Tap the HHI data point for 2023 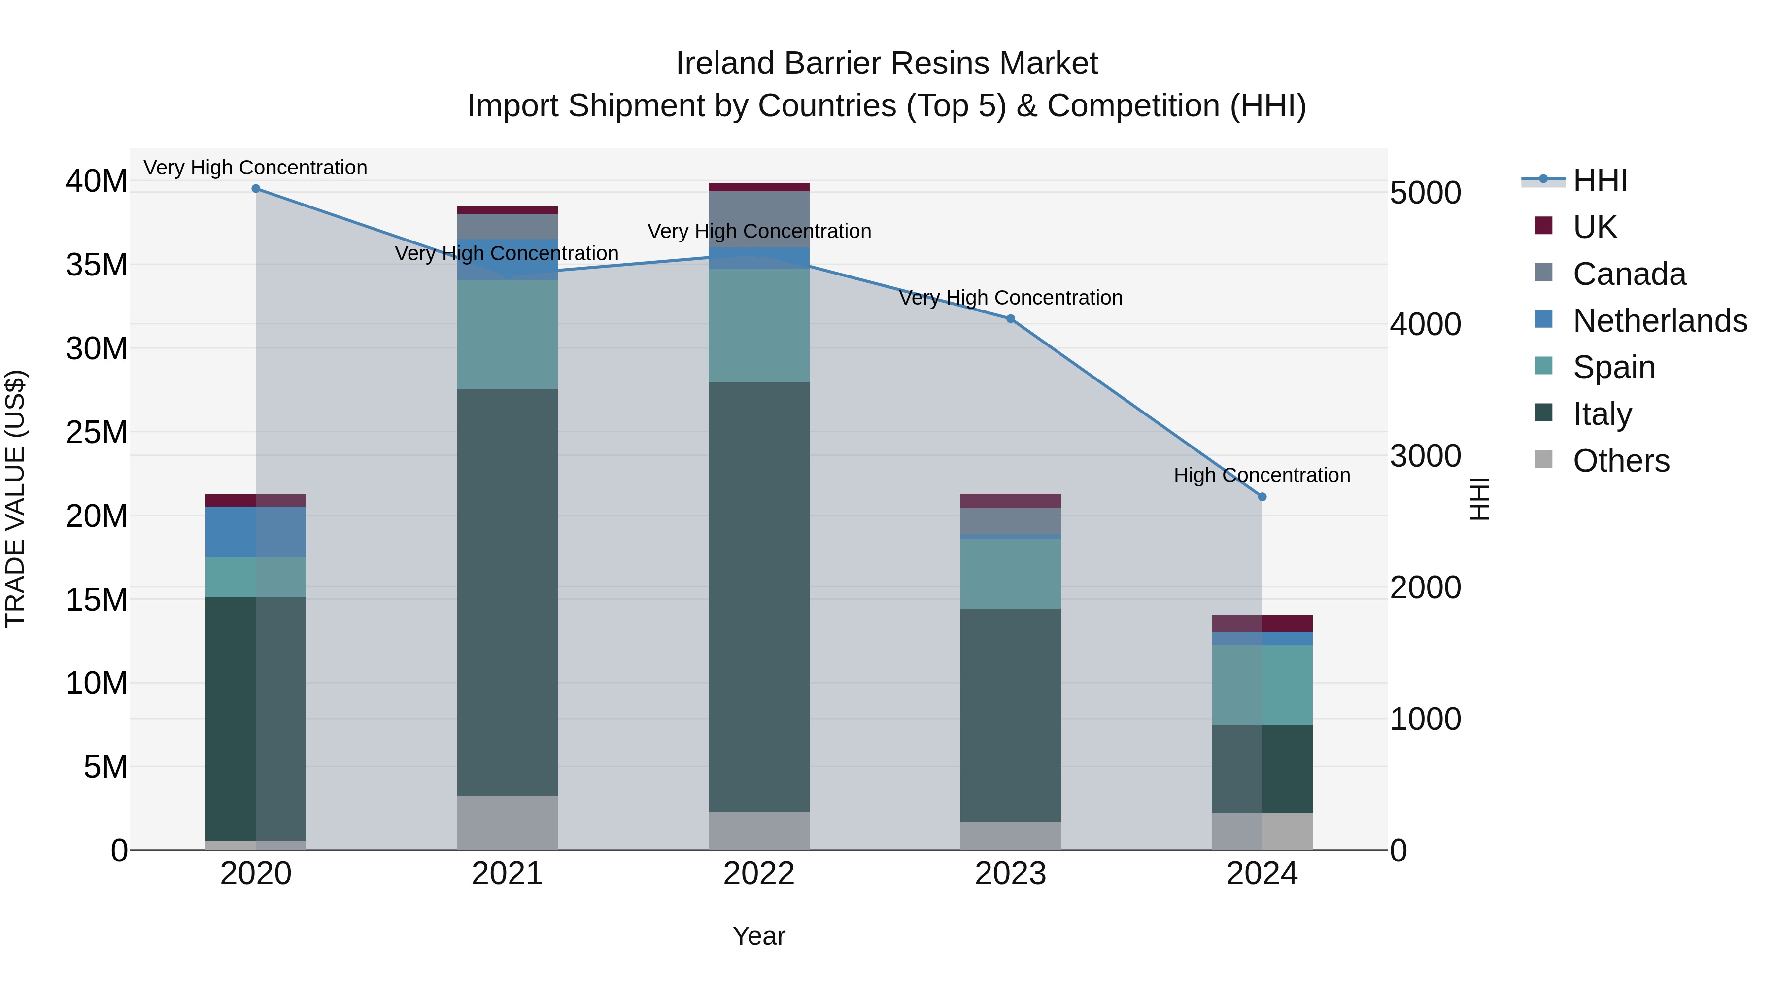pyautogui.click(x=1010, y=319)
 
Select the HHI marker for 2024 pyautogui.click(x=1262, y=497)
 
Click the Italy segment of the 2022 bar pyautogui.click(x=759, y=596)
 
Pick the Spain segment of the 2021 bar pyautogui.click(x=508, y=334)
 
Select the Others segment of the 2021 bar pyautogui.click(x=508, y=823)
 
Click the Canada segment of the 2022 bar pyautogui.click(x=759, y=219)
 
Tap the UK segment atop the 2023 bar pyautogui.click(x=1010, y=501)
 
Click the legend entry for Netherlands pyautogui.click(x=1660, y=320)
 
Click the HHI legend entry pyautogui.click(x=1600, y=180)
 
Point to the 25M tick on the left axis pyautogui.click(x=97, y=433)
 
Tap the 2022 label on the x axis pyautogui.click(x=759, y=873)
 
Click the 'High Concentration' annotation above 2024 pyautogui.click(x=1262, y=475)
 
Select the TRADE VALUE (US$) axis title pyautogui.click(x=15, y=499)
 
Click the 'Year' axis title pyautogui.click(x=759, y=936)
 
